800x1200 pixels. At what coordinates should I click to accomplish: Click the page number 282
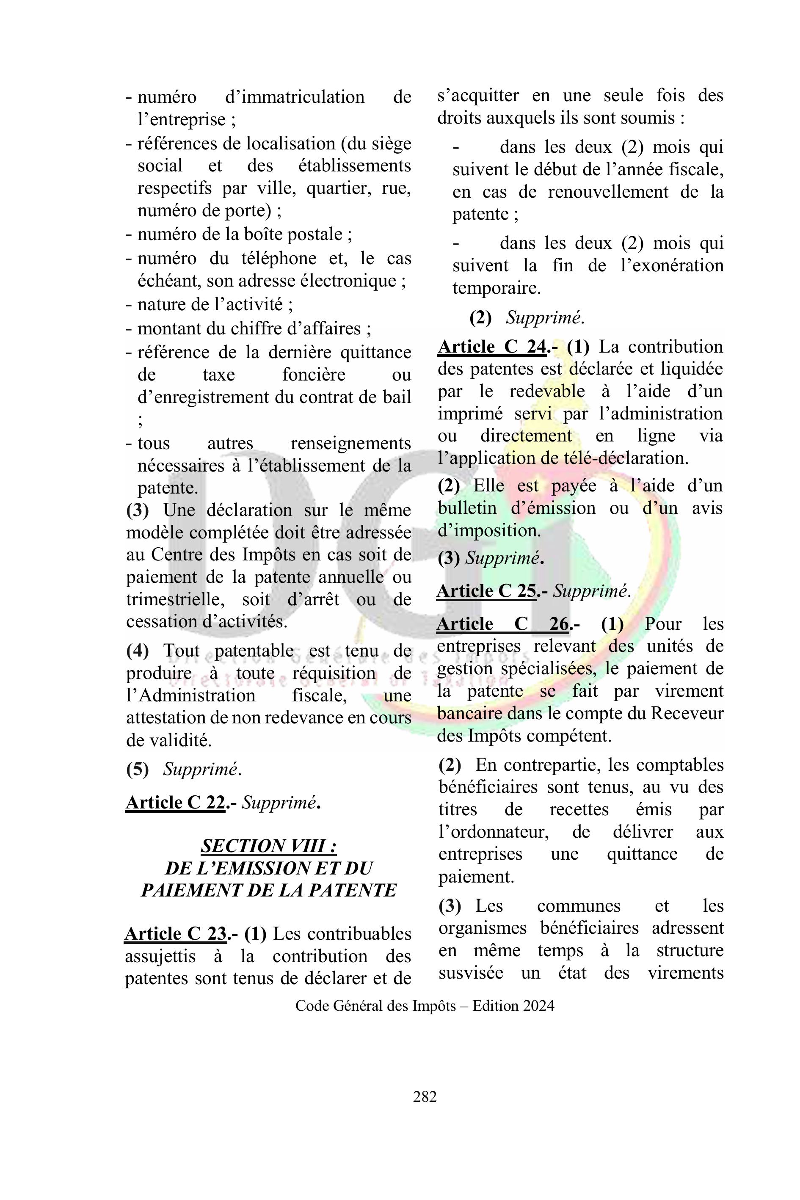tap(425, 1096)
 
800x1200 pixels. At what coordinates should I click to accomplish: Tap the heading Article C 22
tap(175, 802)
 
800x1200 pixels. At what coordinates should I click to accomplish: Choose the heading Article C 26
tap(502, 623)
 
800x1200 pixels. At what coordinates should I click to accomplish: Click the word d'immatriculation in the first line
tap(295, 97)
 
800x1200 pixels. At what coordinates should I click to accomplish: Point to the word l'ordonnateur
tap(494, 832)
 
